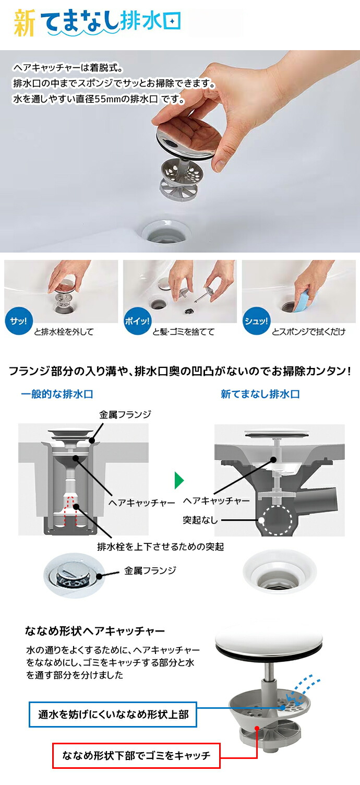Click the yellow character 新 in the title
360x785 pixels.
[24, 24]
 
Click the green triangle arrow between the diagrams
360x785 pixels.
[179, 479]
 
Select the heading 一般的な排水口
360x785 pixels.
[57, 394]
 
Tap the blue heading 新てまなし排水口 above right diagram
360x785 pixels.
[260, 394]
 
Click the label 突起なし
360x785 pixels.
[200, 520]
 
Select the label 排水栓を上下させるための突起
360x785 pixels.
[160, 547]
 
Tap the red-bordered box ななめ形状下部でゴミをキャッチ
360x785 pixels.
[136, 755]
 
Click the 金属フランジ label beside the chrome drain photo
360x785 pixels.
[150, 570]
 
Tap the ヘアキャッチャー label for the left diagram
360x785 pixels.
[141, 503]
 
